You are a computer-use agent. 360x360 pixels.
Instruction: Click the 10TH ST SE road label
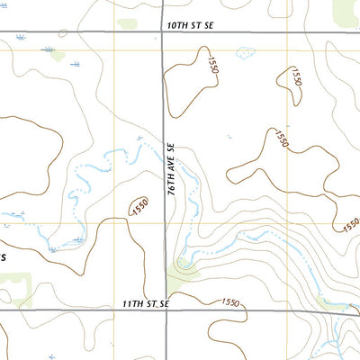coord(194,27)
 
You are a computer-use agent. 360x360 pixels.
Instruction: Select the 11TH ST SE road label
coord(146,305)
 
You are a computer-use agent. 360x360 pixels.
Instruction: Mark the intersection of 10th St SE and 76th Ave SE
coord(163,34)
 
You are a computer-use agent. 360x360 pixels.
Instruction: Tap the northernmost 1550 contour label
coord(212,65)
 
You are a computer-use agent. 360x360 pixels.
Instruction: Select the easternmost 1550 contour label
coord(351,223)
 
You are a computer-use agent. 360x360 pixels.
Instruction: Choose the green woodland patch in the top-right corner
coord(346,11)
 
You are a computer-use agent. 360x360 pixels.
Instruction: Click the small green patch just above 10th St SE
coord(127,22)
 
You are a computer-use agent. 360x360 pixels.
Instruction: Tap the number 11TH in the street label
coord(131,305)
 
